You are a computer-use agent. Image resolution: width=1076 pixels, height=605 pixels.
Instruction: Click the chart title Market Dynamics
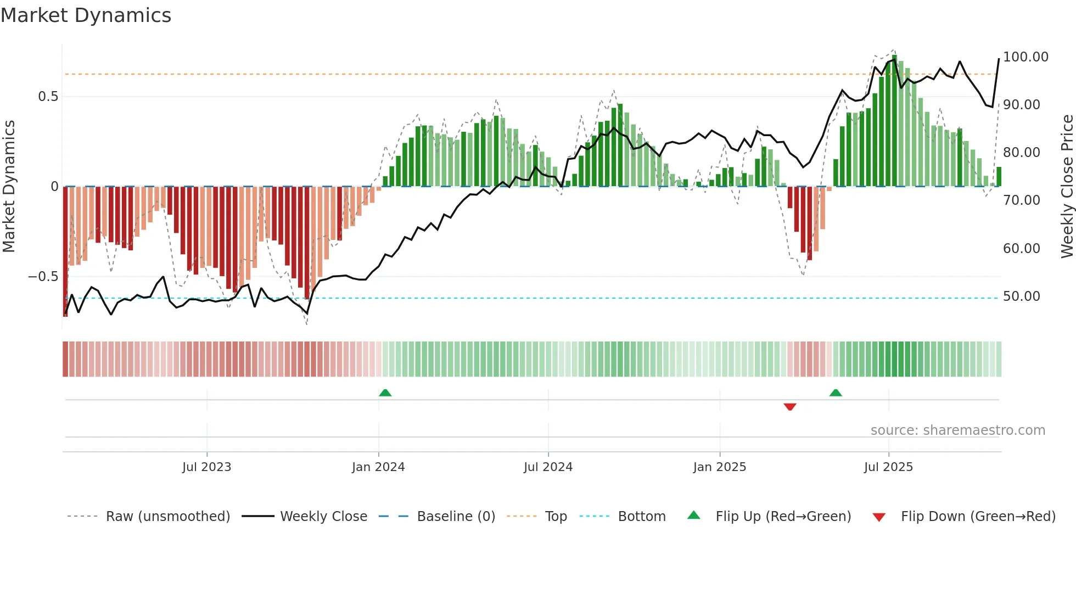pyautogui.click(x=86, y=15)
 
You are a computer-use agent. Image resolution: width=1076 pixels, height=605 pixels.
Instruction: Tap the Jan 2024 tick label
pyautogui.click(x=378, y=467)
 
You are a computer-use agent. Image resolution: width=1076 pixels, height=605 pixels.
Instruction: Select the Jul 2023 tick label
pyautogui.click(x=206, y=467)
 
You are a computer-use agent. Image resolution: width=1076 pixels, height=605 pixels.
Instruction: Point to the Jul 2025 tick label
pyautogui.click(x=888, y=467)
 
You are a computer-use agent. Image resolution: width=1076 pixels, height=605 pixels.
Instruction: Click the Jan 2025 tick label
pyautogui.click(x=719, y=467)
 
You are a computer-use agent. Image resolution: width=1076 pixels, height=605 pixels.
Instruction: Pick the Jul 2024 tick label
pyautogui.click(x=548, y=467)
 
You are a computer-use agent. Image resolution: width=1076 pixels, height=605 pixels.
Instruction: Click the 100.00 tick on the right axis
pyautogui.click(x=1025, y=57)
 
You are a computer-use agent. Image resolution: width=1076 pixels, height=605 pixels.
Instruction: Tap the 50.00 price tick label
pyautogui.click(x=1021, y=296)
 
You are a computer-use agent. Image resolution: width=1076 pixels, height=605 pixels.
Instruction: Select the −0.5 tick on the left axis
pyautogui.click(x=43, y=277)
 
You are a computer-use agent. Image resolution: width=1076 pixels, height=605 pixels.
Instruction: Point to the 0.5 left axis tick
pyautogui.click(x=48, y=97)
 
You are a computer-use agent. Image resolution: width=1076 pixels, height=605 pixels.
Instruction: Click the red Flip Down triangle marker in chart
pyautogui.click(x=790, y=407)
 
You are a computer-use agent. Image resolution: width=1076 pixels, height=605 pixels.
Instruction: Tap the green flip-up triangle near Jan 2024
pyautogui.click(x=385, y=393)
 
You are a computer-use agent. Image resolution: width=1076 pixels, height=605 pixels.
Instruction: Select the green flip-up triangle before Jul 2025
pyautogui.click(x=836, y=393)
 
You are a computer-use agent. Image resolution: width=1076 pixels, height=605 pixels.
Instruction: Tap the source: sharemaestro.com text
pyautogui.click(x=957, y=430)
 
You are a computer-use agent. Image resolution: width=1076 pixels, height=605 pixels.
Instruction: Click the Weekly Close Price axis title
pyautogui.click(x=1067, y=187)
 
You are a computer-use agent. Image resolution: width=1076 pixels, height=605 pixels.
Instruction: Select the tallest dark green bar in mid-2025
pyautogui.click(x=895, y=121)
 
